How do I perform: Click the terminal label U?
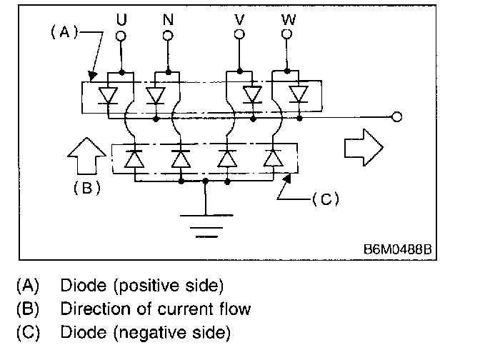[122, 19]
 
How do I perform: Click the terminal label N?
[169, 19]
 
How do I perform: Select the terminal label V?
[241, 19]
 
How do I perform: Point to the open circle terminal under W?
[287, 34]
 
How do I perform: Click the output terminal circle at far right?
[397, 117]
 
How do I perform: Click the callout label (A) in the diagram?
[63, 32]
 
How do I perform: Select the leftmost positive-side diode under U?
[108, 94]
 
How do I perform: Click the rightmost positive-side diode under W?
[299, 94]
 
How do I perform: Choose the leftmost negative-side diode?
[134, 159]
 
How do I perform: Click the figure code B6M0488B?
[398, 251]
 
